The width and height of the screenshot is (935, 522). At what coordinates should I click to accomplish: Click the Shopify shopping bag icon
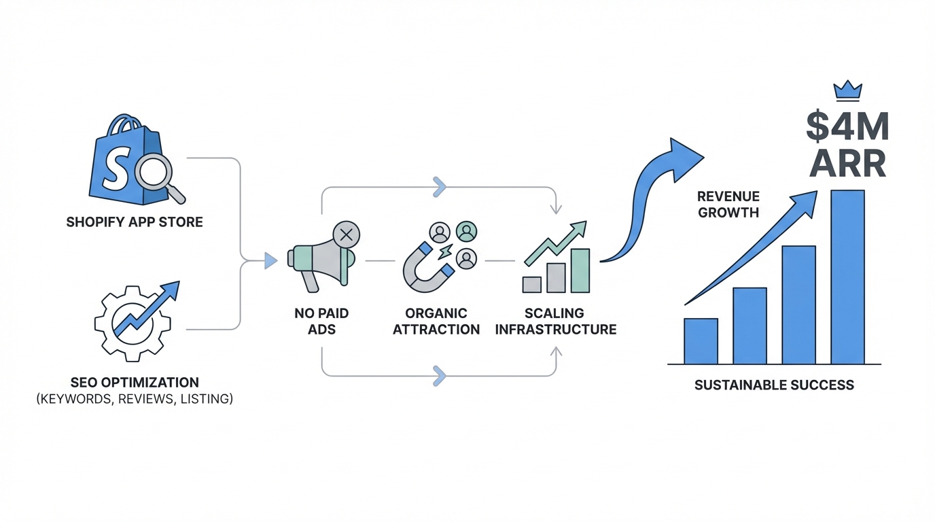tap(122, 163)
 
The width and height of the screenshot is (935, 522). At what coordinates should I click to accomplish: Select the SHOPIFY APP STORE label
tap(135, 222)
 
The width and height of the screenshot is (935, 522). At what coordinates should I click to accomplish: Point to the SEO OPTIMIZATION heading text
tap(135, 382)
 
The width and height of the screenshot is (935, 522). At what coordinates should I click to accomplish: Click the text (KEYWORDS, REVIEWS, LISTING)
tap(135, 399)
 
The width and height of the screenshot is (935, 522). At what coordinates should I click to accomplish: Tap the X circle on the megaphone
tap(346, 235)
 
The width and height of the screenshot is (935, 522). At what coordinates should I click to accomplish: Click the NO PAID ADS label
tap(321, 321)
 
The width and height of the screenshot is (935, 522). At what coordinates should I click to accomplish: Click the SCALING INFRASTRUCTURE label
tap(555, 321)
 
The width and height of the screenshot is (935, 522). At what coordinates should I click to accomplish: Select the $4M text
tap(847, 127)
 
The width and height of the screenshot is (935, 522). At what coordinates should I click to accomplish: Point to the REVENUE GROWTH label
tap(728, 204)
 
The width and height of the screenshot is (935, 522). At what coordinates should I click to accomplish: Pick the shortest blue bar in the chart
tap(701, 341)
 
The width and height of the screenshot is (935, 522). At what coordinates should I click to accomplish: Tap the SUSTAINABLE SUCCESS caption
tap(774, 385)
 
